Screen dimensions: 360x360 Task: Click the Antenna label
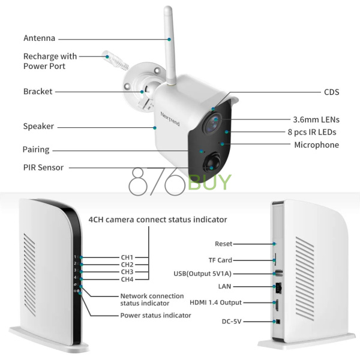[x=39, y=38]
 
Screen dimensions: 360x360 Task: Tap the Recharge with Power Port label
[x=50, y=61]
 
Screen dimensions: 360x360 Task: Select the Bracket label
[x=38, y=92]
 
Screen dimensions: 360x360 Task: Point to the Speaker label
[x=38, y=127]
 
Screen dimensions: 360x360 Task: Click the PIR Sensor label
[x=43, y=167]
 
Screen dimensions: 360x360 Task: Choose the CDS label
[x=331, y=92]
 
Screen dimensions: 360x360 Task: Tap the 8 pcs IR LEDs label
[x=311, y=132]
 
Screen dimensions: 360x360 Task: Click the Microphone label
[x=316, y=145]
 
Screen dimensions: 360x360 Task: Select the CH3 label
[x=127, y=272]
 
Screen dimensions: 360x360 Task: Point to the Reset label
[x=223, y=244]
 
